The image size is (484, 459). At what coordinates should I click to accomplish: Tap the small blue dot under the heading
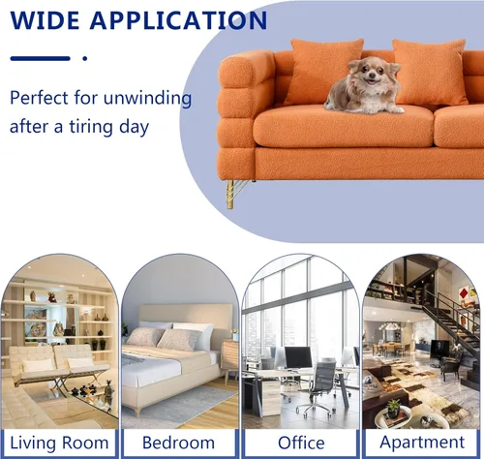[85, 58]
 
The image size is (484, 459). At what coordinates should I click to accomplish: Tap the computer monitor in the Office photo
[298, 357]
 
